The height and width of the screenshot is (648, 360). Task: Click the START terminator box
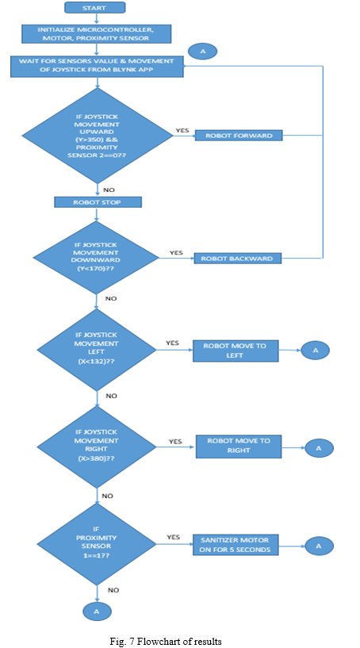(94, 7)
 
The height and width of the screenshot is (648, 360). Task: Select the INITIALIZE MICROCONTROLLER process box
(96, 34)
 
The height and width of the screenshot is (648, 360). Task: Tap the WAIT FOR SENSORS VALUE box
(97, 66)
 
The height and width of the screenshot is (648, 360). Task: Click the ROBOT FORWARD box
(239, 135)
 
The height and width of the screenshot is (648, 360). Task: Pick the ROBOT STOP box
(98, 202)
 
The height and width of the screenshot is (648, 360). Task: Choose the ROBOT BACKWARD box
(237, 259)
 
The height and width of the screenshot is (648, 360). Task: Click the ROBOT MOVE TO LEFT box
(236, 351)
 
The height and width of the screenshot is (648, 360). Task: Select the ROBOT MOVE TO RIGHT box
(239, 446)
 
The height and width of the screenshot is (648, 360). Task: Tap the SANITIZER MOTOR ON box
(236, 545)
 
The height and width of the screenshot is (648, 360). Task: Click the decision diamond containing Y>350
(98, 136)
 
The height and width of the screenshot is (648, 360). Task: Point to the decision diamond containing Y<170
(96, 257)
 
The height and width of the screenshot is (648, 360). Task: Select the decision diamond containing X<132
(96, 350)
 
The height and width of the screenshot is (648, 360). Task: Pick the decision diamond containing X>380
(96, 446)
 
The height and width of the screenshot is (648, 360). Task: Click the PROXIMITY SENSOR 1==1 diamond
(96, 544)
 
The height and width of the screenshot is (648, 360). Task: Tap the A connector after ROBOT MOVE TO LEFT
(316, 350)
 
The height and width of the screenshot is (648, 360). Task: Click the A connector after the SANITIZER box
(318, 546)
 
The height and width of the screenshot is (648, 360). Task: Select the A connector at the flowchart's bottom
(97, 612)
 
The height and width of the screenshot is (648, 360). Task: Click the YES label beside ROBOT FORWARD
(182, 130)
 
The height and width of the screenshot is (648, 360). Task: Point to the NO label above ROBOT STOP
(109, 190)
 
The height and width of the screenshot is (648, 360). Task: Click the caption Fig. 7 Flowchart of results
(165, 641)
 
